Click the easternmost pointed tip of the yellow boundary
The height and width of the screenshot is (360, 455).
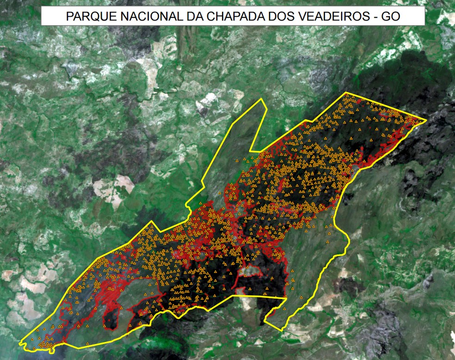click(426, 121)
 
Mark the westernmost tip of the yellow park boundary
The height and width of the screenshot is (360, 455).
click(20, 343)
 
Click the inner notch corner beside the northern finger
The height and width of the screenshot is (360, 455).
click(250, 151)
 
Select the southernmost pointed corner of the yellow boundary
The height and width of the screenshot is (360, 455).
click(281, 330)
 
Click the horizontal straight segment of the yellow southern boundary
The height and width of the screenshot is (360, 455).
click(259, 296)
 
